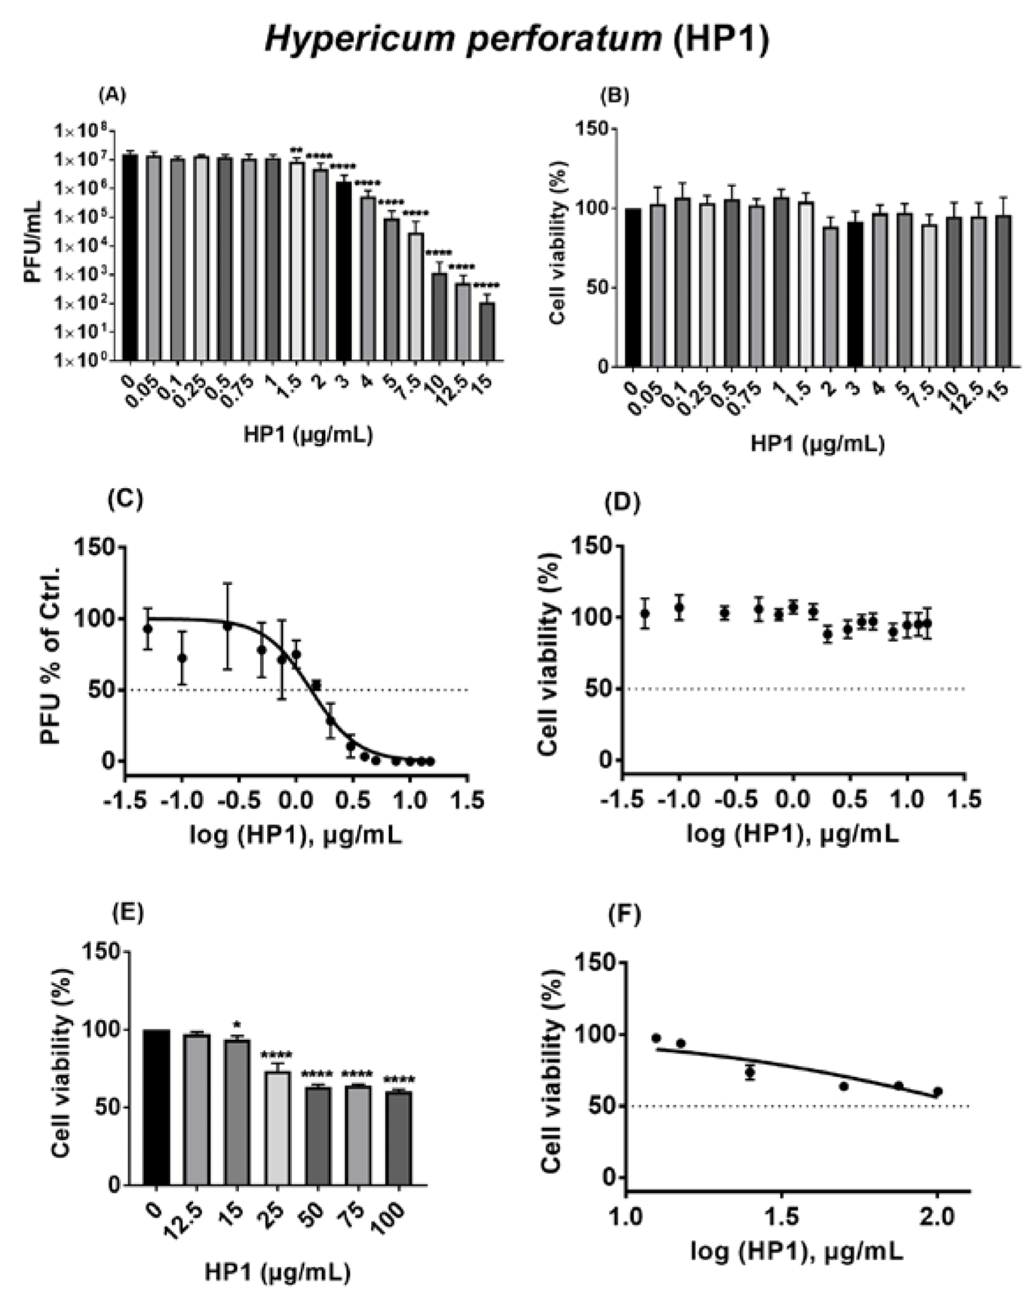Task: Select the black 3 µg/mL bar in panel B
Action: pos(855,294)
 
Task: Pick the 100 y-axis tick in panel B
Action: pos(596,209)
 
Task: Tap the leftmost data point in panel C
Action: pos(148,629)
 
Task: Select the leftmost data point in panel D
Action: pos(645,613)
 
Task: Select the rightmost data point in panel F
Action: pos(937,1091)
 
